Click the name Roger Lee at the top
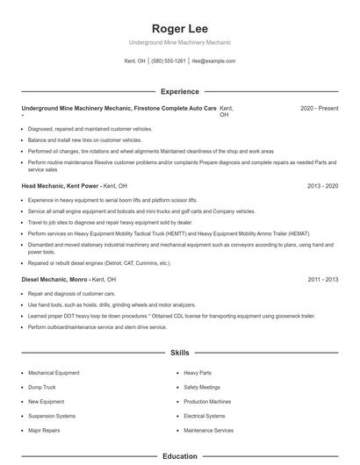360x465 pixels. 179,28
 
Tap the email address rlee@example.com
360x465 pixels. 213,61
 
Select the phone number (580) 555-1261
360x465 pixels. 169,61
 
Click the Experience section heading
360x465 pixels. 179,91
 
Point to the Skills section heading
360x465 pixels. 179,353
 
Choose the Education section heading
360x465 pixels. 179,456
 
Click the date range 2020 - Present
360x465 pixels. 319,108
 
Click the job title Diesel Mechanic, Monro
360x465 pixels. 55,279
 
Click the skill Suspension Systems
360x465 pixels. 52,416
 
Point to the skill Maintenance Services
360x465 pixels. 209,431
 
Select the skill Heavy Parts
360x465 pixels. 198,373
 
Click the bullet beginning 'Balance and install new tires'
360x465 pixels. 84,139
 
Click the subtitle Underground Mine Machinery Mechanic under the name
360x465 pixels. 179,42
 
